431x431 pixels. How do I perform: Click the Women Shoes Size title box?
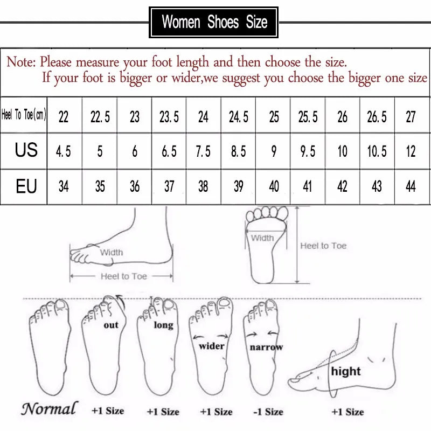pyautogui.click(x=214, y=22)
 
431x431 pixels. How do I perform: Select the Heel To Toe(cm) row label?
pyautogui.click(x=24, y=115)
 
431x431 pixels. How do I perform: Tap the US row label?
pyautogui.click(x=26, y=150)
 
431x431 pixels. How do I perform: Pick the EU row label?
pyautogui.click(x=26, y=186)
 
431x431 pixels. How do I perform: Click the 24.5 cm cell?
pyautogui.click(x=238, y=117)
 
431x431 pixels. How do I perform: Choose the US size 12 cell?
pyautogui.click(x=411, y=152)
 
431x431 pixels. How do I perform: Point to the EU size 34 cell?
pyautogui.click(x=64, y=187)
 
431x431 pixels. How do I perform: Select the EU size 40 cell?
pyautogui.click(x=274, y=187)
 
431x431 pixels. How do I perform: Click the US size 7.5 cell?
pyautogui.click(x=203, y=152)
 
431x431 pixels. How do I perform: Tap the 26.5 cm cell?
pyautogui.click(x=377, y=117)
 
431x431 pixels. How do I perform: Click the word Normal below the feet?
pyautogui.click(x=49, y=408)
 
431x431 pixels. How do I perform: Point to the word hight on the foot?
pyautogui.click(x=346, y=371)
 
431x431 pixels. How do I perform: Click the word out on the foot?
pyautogui.click(x=111, y=325)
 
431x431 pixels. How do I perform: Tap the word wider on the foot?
pyautogui.click(x=212, y=346)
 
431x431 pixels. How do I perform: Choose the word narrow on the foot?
pyautogui.click(x=266, y=347)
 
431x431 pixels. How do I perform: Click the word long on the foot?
pyautogui.click(x=163, y=325)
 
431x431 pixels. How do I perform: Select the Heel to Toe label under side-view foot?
pyautogui.click(x=123, y=276)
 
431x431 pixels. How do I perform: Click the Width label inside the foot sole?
pyautogui.click(x=262, y=238)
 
